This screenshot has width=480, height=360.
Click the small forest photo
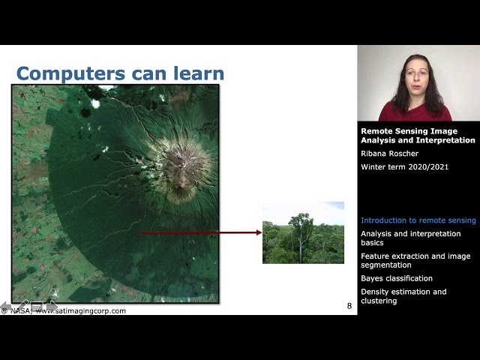303,232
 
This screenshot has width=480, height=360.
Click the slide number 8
349,306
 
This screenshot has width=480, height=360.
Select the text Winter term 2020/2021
404,166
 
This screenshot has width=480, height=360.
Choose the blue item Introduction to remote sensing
418,220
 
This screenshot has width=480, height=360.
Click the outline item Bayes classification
397,278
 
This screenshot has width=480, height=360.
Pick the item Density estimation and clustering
403,296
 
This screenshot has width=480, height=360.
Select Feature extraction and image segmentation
415,260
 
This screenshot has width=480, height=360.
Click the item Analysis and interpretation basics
410,238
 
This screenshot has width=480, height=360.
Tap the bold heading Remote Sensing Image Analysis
417,136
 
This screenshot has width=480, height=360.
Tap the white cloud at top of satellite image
95,103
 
